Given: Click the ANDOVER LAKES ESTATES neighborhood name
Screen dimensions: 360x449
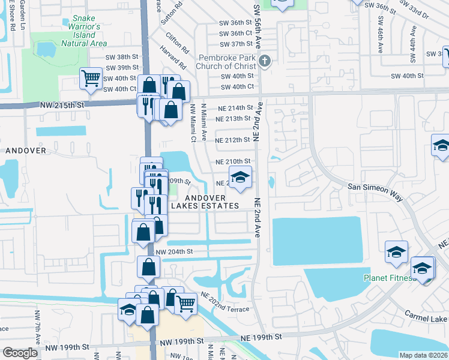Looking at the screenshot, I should tap(205, 202).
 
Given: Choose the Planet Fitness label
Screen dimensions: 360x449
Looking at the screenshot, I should tap(389, 278).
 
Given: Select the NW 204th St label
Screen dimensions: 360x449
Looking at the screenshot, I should tap(174, 251).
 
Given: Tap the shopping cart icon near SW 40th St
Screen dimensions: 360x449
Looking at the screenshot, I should tap(91, 78).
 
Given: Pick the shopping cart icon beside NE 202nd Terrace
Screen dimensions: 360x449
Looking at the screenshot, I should tap(185, 303).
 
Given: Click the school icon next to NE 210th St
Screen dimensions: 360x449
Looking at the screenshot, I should tap(240, 177).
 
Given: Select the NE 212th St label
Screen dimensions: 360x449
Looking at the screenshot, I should tap(232, 140).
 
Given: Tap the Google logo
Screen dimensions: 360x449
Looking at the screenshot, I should tap(20, 353).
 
